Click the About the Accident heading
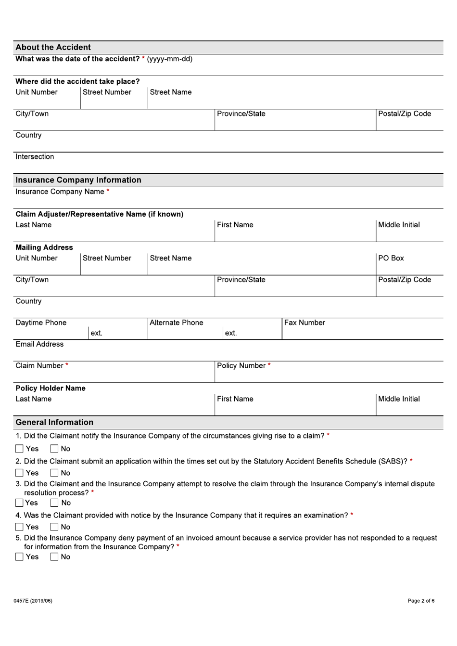[53, 47]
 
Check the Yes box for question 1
[19, 449]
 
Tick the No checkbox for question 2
[54, 473]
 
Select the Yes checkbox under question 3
[19, 503]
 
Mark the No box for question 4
[54, 527]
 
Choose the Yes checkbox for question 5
[19, 557]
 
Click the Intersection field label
[35, 157]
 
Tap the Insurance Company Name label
[60, 192]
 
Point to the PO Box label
[391, 258]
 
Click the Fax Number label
[305, 323]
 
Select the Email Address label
[39, 344]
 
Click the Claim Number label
[39, 366]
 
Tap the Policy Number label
[241, 366]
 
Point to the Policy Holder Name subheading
[51, 388]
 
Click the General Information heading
[54, 422]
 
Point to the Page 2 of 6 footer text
[421, 601]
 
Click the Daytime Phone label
[41, 323]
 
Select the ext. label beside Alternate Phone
[231, 333]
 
